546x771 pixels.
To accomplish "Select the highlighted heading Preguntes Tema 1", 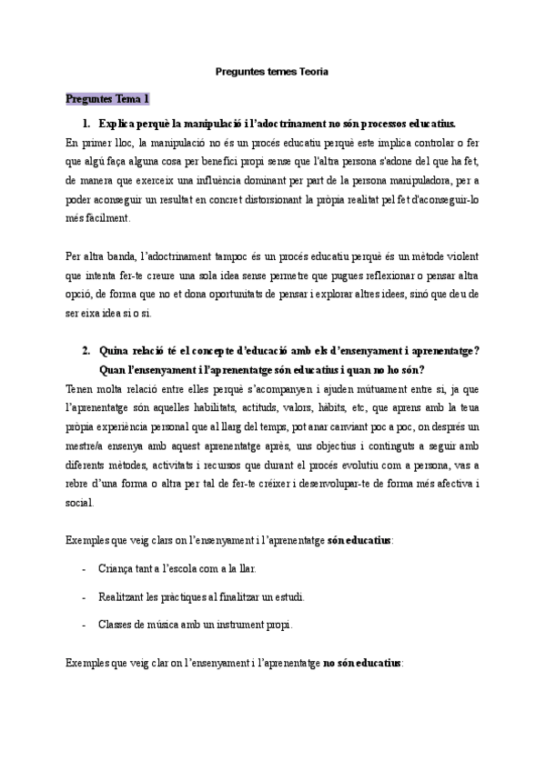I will (107, 98).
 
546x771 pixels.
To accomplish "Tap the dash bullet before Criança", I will (84, 569).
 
